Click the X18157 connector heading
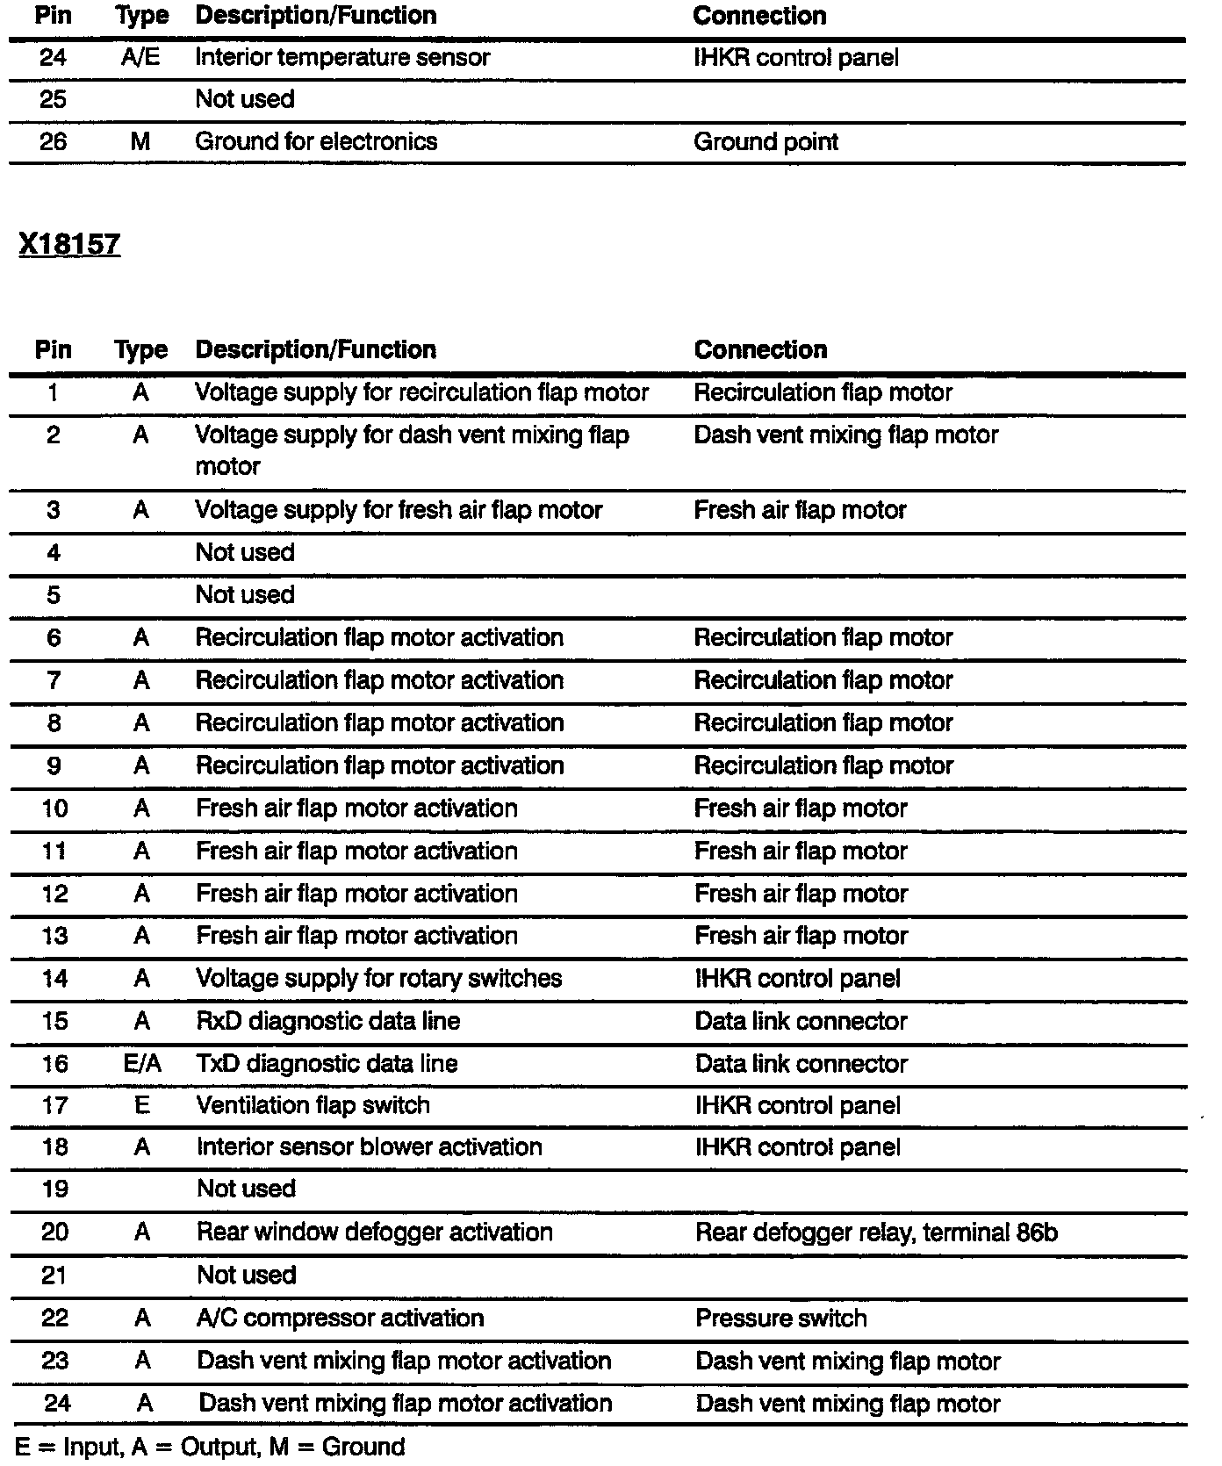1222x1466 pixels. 69,244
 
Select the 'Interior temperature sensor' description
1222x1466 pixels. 342,58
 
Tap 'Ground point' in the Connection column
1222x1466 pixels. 766,142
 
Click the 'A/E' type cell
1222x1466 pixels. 140,58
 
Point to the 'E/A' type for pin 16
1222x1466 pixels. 141,1064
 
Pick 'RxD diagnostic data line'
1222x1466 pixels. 328,1021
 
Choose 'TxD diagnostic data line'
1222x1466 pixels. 327,1064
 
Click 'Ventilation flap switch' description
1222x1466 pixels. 313,1105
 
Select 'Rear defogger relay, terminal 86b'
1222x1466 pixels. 876,1232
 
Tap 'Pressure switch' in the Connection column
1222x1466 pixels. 781,1319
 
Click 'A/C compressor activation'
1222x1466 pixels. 341,1319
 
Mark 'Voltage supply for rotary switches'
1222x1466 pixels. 379,979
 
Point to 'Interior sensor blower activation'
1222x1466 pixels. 370,1147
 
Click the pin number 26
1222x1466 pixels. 54,142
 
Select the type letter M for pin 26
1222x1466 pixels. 140,142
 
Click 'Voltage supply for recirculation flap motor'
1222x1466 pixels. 422,392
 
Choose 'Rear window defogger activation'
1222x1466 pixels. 375,1232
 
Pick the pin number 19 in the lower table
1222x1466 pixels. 54,1189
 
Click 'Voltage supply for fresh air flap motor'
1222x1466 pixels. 399,510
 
